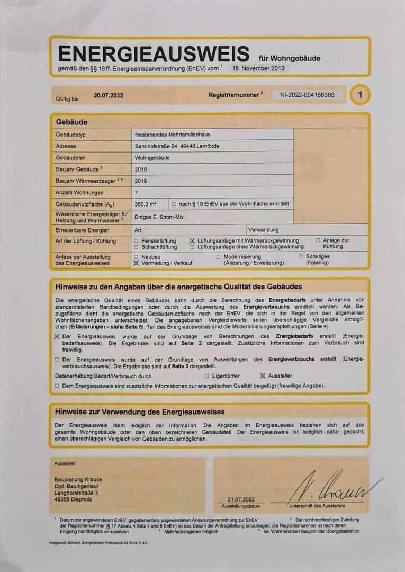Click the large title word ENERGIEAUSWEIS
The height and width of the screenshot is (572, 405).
coord(154,54)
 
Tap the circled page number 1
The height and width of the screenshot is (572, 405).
coord(360,95)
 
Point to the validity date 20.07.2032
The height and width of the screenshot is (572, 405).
coord(109,96)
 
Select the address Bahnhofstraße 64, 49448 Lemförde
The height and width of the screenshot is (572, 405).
coord(177,146)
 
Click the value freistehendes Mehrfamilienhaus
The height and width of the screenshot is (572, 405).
coord(173,135)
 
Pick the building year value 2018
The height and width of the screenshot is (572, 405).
coord(141,169)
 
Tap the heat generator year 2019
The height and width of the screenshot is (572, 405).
coord(141,181)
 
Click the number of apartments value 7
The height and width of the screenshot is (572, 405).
coord(137,193)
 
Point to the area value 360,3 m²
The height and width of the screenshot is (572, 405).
coord(146,204)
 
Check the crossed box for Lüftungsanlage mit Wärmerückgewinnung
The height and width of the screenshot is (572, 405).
coord(192,240)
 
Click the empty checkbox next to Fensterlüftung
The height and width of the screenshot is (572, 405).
coord(137,240)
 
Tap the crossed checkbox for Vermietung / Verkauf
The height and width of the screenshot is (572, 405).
coord(137,262)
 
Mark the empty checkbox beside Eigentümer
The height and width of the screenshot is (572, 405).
coord(206,376)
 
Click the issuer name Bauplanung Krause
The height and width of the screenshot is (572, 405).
coord(78,480)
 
